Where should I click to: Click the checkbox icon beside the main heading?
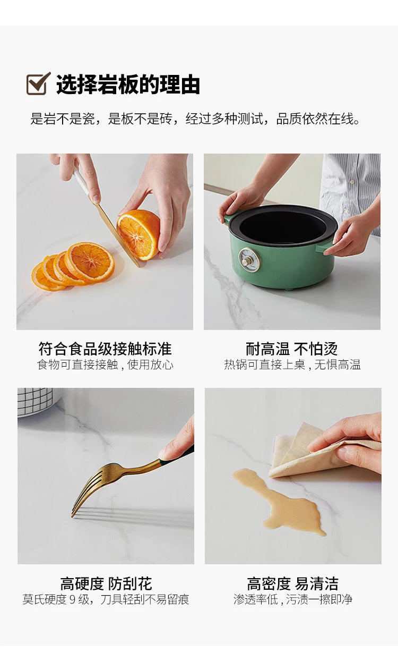tap(38, 84)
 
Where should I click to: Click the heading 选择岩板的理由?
tap(128, 84)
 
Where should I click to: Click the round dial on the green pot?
tap(249, 259)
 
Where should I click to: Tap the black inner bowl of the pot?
tap(282, 225)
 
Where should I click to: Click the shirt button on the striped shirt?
tap(352, 181)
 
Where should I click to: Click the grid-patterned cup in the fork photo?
tap(36, 402)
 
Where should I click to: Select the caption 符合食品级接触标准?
tap(105, 349)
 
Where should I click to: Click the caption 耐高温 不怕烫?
tap(292, 349)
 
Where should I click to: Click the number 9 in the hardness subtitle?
tap(73, 599)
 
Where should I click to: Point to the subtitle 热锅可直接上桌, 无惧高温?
tap(292, 365)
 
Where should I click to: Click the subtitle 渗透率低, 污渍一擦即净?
tap(293, 599)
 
